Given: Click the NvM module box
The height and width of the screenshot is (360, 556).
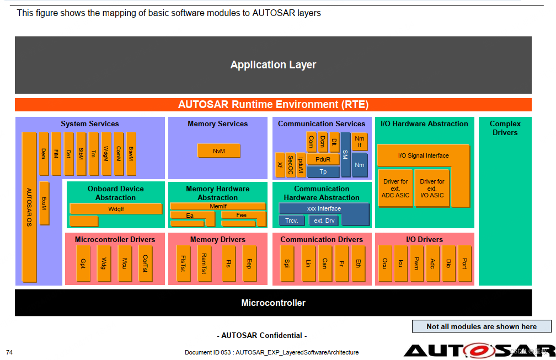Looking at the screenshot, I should tap(218, 151).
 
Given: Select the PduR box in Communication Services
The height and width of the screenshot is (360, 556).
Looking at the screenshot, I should tap(323, 159).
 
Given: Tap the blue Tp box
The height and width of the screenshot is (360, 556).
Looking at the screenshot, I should tap(323, 171).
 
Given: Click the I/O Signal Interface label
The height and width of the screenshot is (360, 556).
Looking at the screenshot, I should tap(423, 155).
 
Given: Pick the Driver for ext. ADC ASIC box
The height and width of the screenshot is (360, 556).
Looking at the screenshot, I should tap(395, 188).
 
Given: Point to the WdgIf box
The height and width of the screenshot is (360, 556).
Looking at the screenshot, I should tap(116, 209).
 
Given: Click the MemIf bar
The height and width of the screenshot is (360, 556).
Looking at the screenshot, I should tap(218, 206).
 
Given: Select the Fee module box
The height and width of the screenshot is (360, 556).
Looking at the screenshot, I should tap(241, 215).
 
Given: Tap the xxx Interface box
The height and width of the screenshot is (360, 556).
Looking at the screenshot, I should tap(324, 208).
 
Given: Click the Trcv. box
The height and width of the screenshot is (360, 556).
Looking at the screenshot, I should tap(291, 221).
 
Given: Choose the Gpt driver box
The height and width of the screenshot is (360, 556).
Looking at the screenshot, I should tap(83, 264).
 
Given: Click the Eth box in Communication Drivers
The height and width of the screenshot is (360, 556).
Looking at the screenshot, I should tap(357, 264).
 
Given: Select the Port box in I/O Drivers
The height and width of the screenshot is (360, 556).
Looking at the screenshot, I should tap(464, 264).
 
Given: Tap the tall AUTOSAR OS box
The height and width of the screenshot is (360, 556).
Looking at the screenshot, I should tap(29, 207).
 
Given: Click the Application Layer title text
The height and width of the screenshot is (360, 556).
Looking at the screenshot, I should tap(273, 65).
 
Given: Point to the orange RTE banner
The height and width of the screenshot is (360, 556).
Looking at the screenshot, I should tap(273, 104).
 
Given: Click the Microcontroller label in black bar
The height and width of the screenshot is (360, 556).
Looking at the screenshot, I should tap(273, 303).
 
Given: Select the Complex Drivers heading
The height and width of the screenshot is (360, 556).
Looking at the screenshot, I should tap(505, 128).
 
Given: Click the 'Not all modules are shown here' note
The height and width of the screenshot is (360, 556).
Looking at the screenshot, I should tap(481, 326).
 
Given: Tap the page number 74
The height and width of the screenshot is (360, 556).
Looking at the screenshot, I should tap(9, 352).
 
